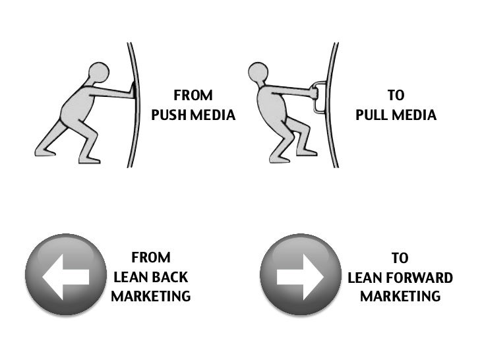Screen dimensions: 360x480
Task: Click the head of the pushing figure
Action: click(99, 71)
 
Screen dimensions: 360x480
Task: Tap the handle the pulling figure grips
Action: click(319, 98)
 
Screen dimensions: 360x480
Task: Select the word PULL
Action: click(373, 115)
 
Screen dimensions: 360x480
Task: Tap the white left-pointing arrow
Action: click(65, 276)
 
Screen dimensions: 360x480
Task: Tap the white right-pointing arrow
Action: click(301, 276)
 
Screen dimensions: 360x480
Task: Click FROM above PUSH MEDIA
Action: click(193, 96)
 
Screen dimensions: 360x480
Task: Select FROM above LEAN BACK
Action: click(151, 257)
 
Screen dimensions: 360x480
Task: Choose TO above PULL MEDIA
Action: click(396, 96)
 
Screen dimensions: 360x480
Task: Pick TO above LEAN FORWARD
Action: click(400, 258)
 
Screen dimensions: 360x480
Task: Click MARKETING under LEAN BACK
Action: click(151, 297)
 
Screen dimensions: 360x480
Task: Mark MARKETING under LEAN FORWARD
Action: click(400, 297)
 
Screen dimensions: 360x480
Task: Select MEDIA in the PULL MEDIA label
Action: click(415, 115)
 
